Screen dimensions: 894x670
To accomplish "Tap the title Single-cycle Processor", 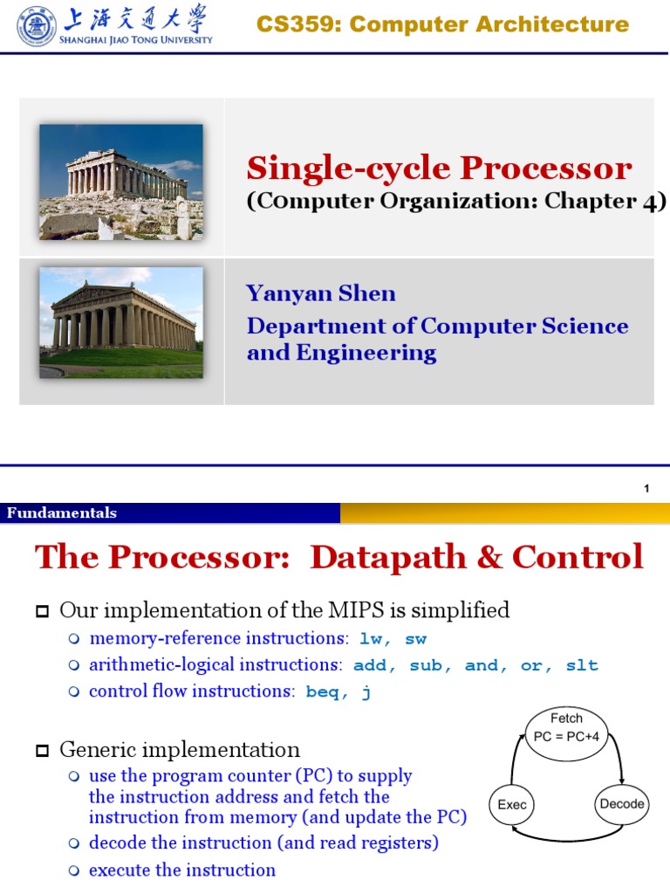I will (x=439, y=168).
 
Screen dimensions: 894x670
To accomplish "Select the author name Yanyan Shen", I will (x=320, y=293).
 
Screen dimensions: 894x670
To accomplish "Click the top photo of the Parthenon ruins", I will (x=120, y=181).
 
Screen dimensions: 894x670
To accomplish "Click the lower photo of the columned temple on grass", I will (x=120, y=322).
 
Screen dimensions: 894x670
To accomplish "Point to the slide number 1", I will (x=646, y=489).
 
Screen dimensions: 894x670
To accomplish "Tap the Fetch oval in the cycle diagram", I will (x=566, y=728).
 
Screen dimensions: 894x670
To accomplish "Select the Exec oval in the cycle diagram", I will (x=512, y=804).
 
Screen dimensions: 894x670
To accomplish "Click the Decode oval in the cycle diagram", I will (x=622, y=804).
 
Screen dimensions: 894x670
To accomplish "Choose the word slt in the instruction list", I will (x=581, y=665).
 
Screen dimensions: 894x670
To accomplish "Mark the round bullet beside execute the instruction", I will (x=74, y=870).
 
